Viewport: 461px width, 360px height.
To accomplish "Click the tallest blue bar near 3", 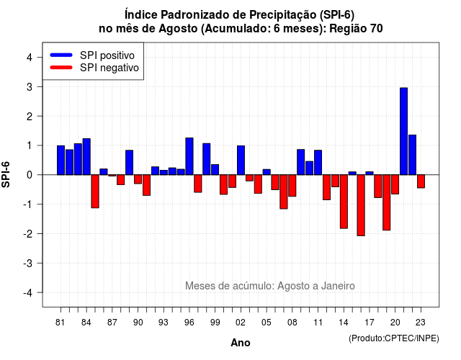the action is tap(403, 131).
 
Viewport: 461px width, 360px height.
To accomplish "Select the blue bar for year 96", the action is tap(189, 156).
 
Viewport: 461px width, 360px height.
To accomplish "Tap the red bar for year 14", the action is tap(344, 202).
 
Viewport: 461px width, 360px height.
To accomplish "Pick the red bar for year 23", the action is tap(421, 181).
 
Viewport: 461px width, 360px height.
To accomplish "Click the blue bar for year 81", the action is tap(61, 160).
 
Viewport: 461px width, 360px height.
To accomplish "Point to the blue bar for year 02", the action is tap(241, 160).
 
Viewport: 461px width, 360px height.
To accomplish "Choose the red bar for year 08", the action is tap(292, 186).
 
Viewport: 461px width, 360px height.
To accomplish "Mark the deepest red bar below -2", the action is tap(361, 205).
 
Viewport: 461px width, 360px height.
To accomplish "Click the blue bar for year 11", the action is tap(318, 163).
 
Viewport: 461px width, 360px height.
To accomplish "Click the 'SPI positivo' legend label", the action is tap(107, 55).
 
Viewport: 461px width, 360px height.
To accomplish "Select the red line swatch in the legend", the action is tap(61, 68).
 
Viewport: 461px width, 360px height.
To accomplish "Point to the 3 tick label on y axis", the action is tap(30, 87).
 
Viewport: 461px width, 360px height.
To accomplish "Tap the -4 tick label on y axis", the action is tap(28, 293).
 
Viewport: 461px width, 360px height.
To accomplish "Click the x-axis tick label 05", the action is tap(267, 323).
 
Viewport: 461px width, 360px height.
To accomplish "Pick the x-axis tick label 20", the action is tap(395, 323).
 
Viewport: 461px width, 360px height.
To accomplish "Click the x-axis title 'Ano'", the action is tap(241, 343).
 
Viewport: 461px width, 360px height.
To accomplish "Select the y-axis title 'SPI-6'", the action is tap(6, 174).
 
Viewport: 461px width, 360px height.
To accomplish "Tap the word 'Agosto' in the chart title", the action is tap(178, 29).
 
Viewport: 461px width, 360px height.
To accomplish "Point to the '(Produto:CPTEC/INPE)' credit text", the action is tap(394, 338).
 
